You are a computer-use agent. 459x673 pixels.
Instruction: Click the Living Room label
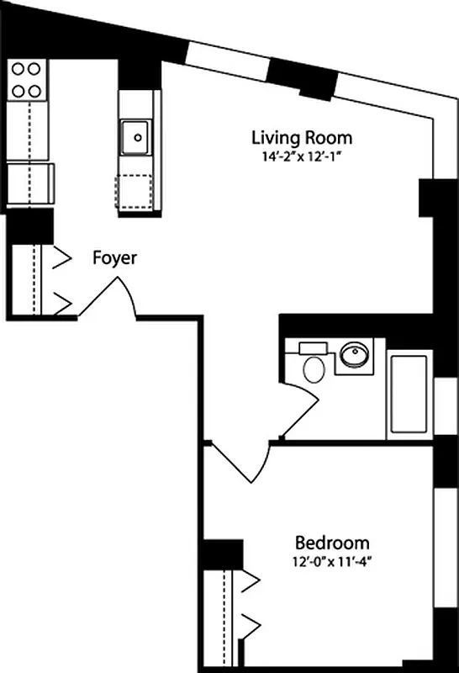(302, 138)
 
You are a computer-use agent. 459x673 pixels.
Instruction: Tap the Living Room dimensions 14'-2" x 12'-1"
(302, 155)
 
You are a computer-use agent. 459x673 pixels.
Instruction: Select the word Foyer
(114, 258)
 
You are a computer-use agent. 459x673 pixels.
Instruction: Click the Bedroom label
(331, 543)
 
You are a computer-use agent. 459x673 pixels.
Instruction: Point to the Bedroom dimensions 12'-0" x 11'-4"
(331, 560)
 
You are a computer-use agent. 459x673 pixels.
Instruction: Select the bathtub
(409, 395)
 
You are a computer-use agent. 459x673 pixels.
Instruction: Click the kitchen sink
(135, 137)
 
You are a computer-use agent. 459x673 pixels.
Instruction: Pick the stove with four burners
(28, 80)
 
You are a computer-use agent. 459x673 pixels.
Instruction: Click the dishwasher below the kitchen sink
(135, 191)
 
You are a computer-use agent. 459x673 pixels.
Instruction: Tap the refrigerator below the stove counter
(30, 183)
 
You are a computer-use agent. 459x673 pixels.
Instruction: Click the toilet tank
(313, 347)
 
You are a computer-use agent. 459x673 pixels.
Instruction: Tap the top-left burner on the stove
(18, 71)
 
